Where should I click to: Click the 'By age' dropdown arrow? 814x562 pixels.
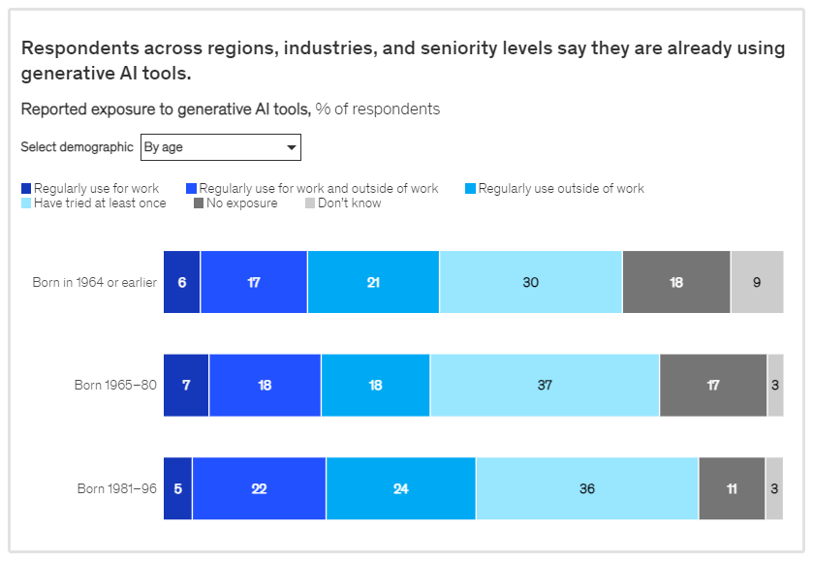click(291, 147)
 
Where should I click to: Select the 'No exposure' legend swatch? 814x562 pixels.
click(199, 203)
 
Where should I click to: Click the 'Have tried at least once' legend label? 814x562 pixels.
click(100, 203)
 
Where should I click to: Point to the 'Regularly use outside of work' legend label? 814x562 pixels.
click(561, 189)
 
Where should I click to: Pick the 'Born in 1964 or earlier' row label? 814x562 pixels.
click(94, 283)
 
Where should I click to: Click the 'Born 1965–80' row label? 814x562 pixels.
click(115, 386)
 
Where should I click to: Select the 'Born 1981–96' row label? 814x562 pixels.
click(116, 488)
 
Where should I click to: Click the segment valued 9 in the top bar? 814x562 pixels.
click(757, 282)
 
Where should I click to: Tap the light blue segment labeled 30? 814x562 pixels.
click(530, 282)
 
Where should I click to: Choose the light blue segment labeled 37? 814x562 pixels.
click(545, 386)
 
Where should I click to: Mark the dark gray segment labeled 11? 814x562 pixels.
click(732, 488)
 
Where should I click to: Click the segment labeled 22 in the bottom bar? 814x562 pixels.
click(259, 488)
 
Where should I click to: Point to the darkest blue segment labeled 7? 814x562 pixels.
click(186, 386)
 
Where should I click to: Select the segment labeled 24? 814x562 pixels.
click(400, 488)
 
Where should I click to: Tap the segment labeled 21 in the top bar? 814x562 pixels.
click(373, 282)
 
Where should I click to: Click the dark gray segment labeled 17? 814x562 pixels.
click(713, 386)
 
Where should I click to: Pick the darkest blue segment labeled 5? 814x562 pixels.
click(177, 488)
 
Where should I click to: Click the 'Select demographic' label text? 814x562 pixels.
click(78, 147)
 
